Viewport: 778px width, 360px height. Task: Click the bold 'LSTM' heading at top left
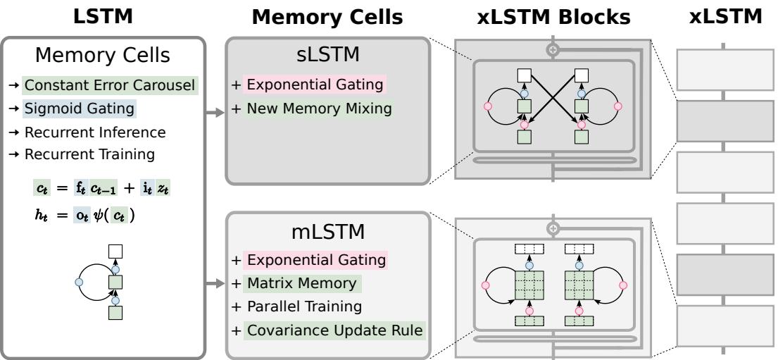pos(104,16)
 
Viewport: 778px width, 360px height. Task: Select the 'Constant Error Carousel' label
pos(111,86)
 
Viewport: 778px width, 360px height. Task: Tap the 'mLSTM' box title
pos(327,232)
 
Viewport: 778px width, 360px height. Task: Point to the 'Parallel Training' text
pos(303,306)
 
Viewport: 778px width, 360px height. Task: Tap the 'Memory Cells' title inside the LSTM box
pos(104,55)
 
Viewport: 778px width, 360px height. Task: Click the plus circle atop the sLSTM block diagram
pos(553,50)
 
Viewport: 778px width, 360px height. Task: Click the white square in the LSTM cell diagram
pos(115,252)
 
